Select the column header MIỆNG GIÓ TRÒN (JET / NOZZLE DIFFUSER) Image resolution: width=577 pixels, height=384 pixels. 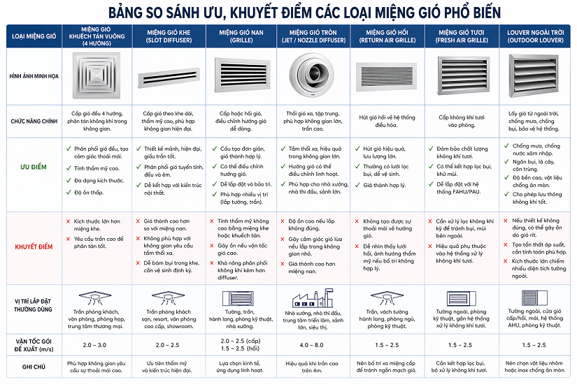[x=315, y=36]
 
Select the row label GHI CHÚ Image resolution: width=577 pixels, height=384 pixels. [x=33, y=364]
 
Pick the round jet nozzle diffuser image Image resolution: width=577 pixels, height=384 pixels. [x=313, y=75]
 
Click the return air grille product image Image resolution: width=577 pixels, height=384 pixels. [x=387, y=77]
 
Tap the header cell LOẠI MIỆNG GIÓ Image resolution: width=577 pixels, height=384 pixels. [x=33, y=36]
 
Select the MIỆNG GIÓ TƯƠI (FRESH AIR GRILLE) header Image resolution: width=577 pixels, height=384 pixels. [x=462, y=36]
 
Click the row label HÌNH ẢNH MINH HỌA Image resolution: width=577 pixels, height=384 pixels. [x=33, y=76]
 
